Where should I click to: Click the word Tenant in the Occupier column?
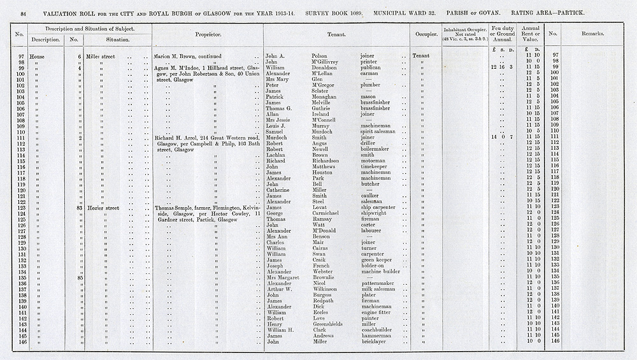click(x=421, y=56)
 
